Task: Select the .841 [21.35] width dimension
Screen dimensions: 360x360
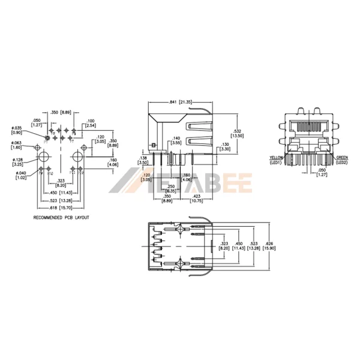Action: point(181,102)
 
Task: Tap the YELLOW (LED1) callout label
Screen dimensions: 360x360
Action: point(277,160)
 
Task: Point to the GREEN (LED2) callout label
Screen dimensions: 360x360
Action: point(342,160)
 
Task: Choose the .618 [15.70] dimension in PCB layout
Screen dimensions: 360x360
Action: point(61,206)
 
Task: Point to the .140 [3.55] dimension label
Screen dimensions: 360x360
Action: point(176,140)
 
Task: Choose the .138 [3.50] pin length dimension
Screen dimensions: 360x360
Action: point(142,160)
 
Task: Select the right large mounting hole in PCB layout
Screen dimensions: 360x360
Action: point(77,157)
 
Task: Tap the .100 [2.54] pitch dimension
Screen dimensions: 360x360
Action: point(91,124)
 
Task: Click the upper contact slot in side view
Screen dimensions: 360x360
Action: point(198,127)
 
